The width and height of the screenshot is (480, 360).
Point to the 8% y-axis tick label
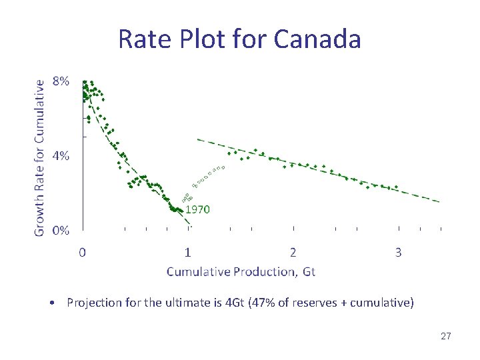(x=61, y=81)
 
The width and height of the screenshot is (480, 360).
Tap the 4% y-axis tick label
(x=61, y=155)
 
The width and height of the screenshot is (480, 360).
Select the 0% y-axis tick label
(x=61, y=230)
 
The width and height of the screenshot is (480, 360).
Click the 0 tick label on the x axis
(x=82, y=253)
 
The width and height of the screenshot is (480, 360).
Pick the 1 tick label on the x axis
(x=188, y=253)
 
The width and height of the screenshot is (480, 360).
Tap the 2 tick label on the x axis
(x=293, y=253)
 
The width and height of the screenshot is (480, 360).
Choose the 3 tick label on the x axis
(x=399, y=253)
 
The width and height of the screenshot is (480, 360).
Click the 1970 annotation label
(x=197, y=209)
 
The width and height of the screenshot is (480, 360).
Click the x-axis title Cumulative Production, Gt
(x=241, y=271)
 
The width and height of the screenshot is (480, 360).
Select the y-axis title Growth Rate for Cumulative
(x=40, y=157)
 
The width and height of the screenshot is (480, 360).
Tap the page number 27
(x=446, y=336)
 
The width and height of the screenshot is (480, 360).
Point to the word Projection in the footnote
(x=93, y=303)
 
